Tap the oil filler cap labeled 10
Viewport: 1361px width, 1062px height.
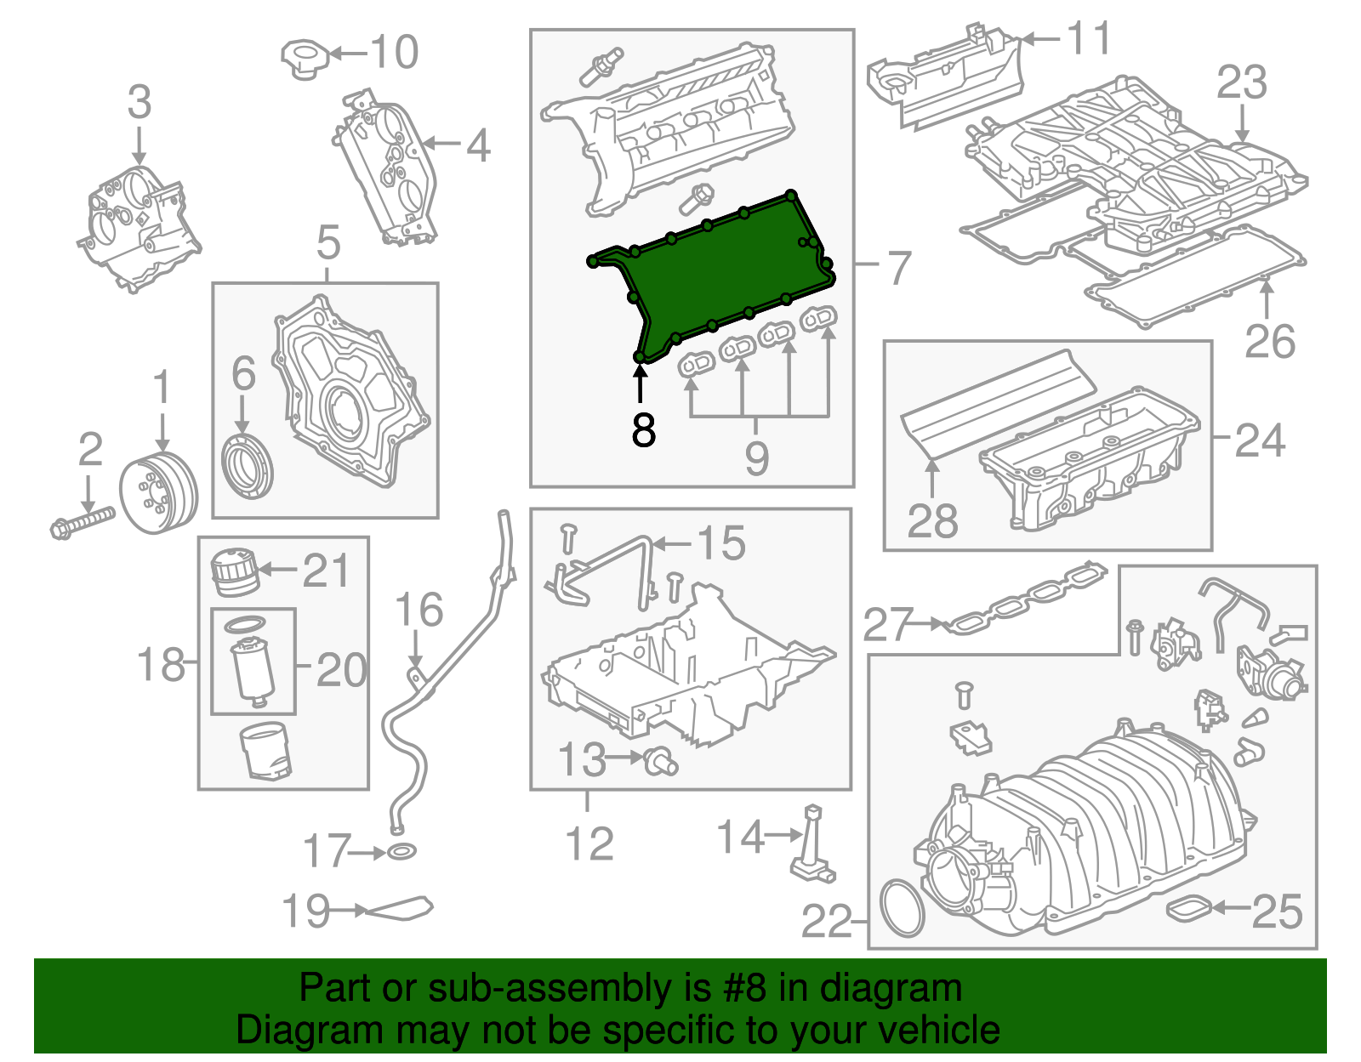[x=304, y=59]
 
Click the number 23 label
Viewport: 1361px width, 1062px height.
[x=1241, y=83]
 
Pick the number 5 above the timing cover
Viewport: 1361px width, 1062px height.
[x=328, y=244]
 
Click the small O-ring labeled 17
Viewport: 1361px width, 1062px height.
[x=401, y=851]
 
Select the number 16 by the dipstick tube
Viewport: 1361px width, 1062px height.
[x=419, y=611]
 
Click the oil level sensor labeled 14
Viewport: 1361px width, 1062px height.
[x=812, y=846]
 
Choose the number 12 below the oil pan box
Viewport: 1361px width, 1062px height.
[x=589, y=843]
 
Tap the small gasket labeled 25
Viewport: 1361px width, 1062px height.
[x=1187, y=909]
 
